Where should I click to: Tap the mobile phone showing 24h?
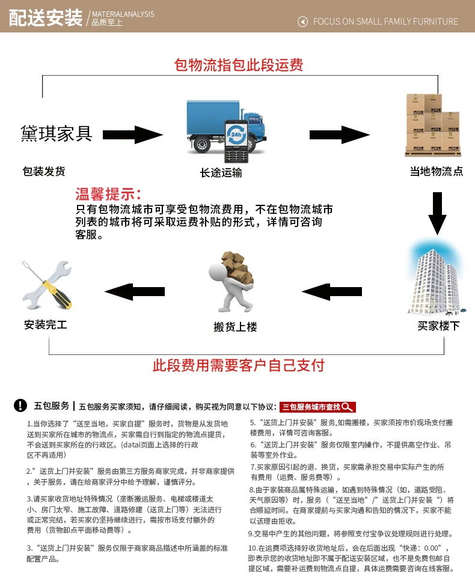click(234, 139)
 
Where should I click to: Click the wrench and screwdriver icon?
click(46, 285)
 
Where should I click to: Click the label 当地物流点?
click(437, 171)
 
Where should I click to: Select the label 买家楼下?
click(438, 326)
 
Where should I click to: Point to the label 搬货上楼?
click(235, 327)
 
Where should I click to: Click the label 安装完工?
click(46, 325)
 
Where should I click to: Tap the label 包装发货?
click(43, 171)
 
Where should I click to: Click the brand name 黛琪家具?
click(57, 133)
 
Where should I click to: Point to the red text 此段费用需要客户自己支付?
click(239, 364)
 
